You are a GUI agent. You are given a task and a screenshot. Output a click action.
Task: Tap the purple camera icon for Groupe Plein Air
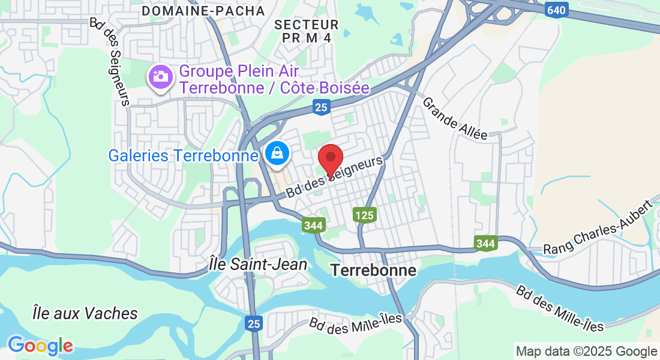pos(160,77)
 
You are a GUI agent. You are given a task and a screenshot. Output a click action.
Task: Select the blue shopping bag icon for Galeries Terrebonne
pos(278,154)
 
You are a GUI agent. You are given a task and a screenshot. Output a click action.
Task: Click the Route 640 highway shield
pos(556,10)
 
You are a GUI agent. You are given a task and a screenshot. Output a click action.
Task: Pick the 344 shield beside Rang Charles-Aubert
pos(485,243)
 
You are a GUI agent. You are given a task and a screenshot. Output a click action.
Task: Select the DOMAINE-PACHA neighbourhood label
pos(203,11)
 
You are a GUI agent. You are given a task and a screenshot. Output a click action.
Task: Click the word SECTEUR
pos(307,25)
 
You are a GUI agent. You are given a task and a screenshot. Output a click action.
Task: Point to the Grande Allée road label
pos(455,118)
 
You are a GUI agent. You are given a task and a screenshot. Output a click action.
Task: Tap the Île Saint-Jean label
pos(259,264)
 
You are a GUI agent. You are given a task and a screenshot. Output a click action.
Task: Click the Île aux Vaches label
pos(85,313)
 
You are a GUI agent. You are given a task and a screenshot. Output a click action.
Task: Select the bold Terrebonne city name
pos(373,271)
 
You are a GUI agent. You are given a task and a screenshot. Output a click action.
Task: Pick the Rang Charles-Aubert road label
pos(598,228)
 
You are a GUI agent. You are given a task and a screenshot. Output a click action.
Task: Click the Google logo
pos(40,346)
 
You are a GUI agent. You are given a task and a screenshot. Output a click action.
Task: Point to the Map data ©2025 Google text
pos(587,352)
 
